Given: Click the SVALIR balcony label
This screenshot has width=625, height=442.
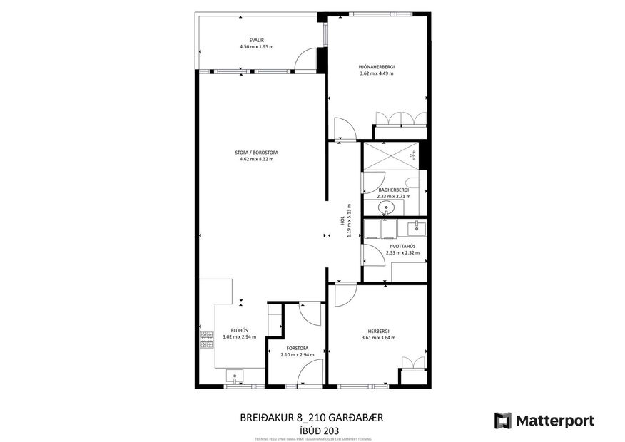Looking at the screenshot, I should [257, 41].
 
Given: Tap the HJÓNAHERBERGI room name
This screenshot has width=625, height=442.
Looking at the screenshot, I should [377, 67].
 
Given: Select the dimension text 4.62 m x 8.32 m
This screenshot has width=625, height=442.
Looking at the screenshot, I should [257, 159].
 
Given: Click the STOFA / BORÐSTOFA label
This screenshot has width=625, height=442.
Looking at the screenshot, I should [257, 152].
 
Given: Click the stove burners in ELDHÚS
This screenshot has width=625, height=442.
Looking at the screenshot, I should [207, 340].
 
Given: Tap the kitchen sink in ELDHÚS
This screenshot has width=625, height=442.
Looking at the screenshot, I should [235, 376].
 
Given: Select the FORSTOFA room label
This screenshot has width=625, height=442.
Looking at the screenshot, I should [297, 348].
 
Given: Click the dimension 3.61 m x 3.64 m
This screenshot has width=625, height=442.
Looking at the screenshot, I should [378, 338].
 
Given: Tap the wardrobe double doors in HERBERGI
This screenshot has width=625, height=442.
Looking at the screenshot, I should [413, 362].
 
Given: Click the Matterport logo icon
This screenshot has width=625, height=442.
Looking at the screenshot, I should [503, 421].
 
